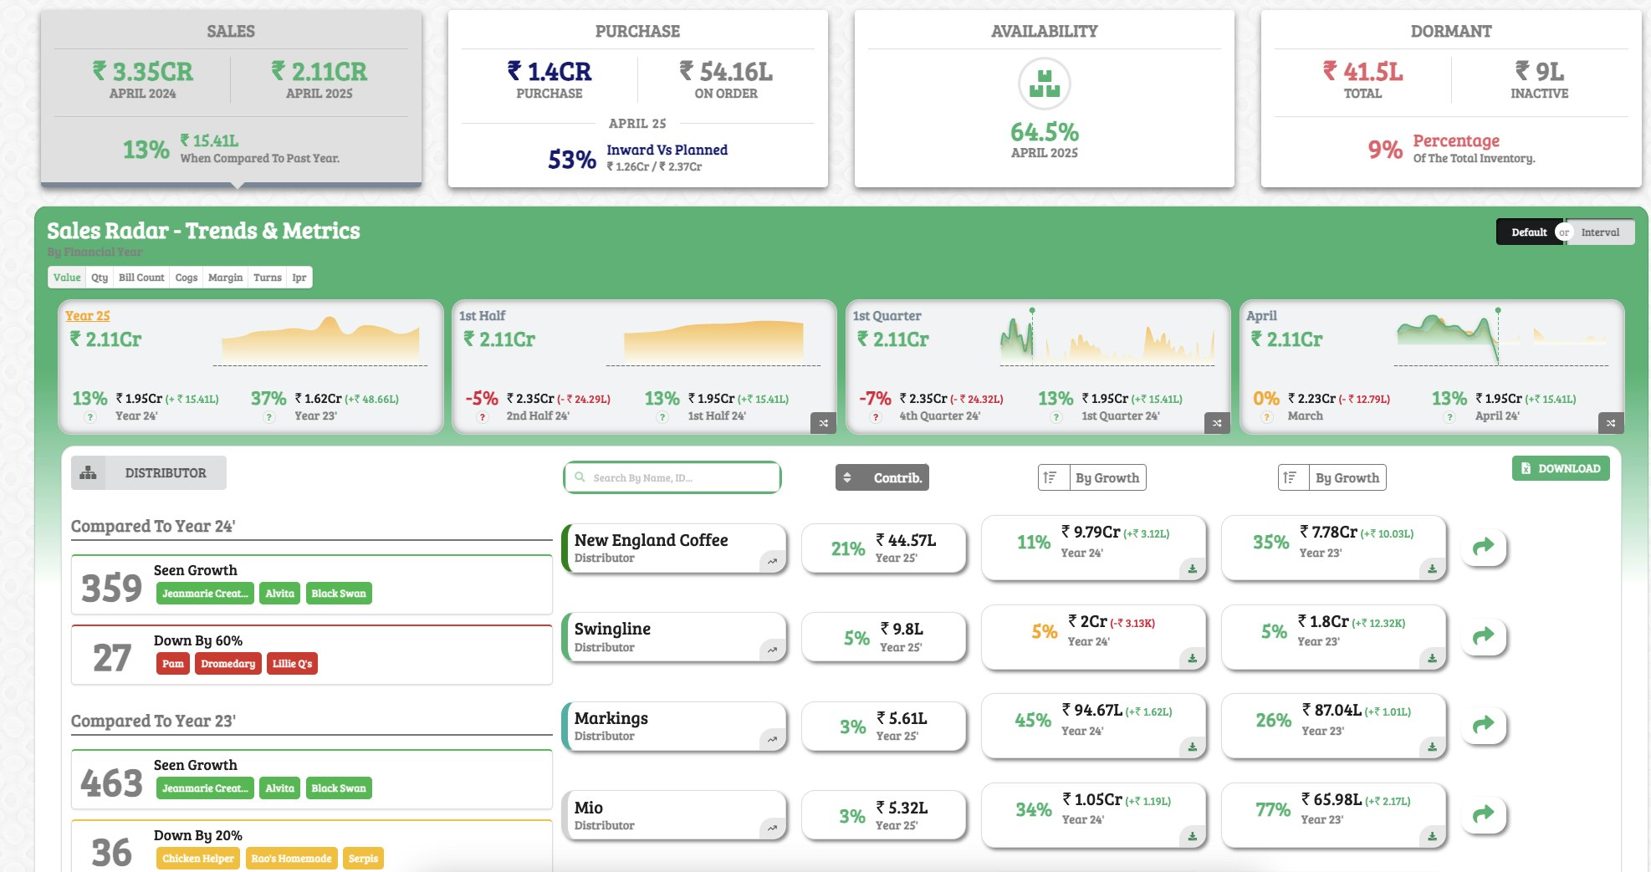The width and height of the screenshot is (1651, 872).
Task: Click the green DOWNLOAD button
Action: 1560,468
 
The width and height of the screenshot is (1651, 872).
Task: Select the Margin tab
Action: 225,278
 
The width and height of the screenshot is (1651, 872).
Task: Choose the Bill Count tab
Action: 141,278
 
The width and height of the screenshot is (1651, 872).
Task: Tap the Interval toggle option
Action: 1599,232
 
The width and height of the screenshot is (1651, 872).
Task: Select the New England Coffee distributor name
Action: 651,540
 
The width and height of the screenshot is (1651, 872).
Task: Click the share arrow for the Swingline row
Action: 1483,635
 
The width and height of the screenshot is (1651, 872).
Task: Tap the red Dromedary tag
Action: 227,664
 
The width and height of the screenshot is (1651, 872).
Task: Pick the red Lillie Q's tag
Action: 292,664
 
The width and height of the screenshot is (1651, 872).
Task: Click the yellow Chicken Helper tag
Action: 197,859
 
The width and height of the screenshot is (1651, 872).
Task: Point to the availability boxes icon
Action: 1044,84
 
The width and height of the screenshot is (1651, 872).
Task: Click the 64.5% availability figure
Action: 1044,132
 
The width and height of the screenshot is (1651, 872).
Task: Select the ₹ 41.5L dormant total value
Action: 1362,72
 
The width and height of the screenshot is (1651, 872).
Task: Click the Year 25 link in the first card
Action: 88,316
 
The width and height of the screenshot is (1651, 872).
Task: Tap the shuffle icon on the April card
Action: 1610,423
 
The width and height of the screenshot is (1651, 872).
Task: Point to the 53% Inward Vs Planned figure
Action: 572,159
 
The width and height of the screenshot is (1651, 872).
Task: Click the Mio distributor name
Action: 588,808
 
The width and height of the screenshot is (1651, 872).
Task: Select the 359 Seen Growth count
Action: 111,588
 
